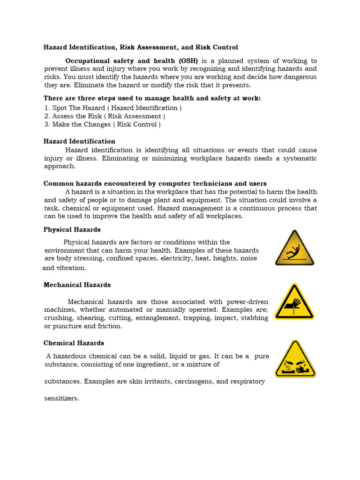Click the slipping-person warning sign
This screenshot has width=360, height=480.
tap(294, 248)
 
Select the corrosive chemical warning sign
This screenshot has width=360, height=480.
tap(295, 360)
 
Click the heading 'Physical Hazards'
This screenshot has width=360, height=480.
tap(72, 230)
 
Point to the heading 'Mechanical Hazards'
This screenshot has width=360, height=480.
tap(77, 285)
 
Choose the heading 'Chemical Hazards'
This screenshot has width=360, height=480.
tap(74, 343)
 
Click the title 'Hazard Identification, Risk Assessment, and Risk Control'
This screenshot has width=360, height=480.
tap(141, 47)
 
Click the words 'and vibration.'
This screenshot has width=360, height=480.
tap(64, 268)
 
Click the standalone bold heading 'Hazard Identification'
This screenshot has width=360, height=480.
tap(79, 141)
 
